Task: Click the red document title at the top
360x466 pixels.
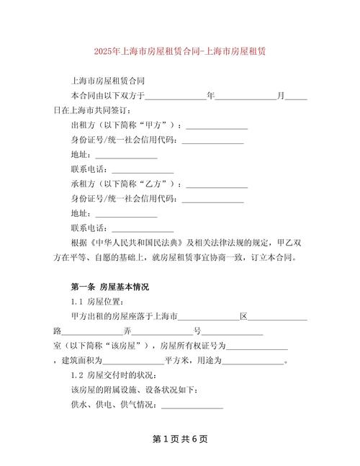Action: [x=179, y=52]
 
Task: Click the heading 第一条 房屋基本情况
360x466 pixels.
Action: [x=109, y=287]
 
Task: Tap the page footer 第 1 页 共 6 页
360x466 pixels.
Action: [x=180, y=439]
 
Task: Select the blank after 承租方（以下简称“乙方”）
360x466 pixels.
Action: [x=217, y=184]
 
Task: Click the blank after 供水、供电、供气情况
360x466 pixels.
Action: [x=192, y=405]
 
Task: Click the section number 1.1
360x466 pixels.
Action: [x=77, y=302]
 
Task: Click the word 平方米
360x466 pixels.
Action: [x=177, y=362]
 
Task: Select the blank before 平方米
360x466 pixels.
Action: [x=133, y=362]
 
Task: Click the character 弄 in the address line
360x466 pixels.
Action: [x=128, y=331]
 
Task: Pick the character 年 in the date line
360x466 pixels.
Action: [x=211, y=95]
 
